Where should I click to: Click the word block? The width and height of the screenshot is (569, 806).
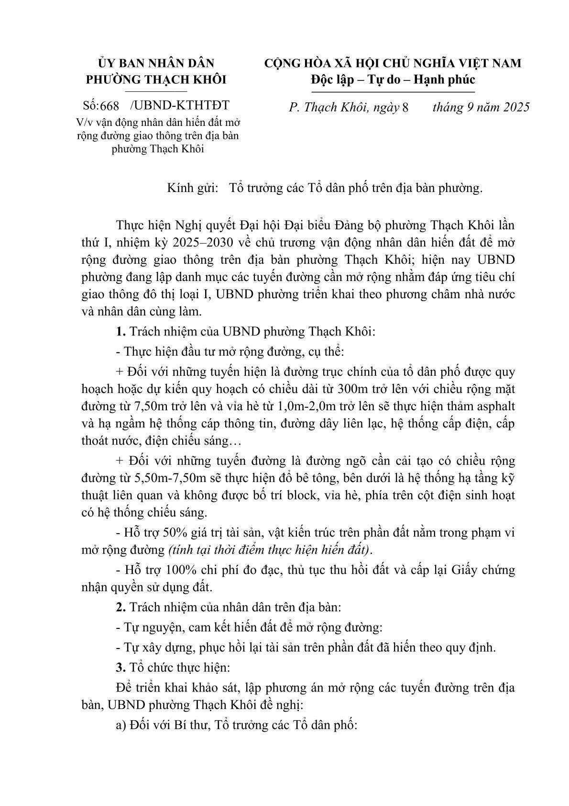pyautogui.click(x=304, y=495)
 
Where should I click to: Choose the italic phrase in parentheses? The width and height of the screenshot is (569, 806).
pyautogui.click(x=270, y=549)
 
